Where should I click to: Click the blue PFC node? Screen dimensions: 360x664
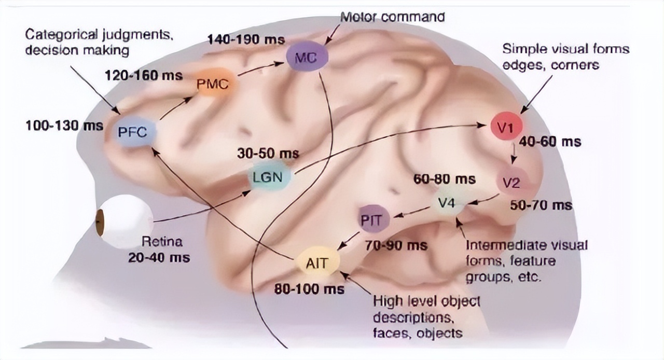[133, 131]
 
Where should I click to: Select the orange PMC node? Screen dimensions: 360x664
[213, 84]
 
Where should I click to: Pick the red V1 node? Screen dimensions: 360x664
[506, 126]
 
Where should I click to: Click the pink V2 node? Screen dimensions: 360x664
[515, 182]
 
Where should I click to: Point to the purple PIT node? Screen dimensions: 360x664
[372, 220]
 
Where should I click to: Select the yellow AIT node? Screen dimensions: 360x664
[317, 262]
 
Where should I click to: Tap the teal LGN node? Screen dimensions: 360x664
[268, 177]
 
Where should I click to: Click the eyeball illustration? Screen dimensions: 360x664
[123, 221]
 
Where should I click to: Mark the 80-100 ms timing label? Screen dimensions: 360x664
[309, 288]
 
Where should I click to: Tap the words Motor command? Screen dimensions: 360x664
[392, 16]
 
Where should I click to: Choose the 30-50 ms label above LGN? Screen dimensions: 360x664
[268, 154]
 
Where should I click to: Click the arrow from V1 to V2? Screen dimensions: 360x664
[513, 151]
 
